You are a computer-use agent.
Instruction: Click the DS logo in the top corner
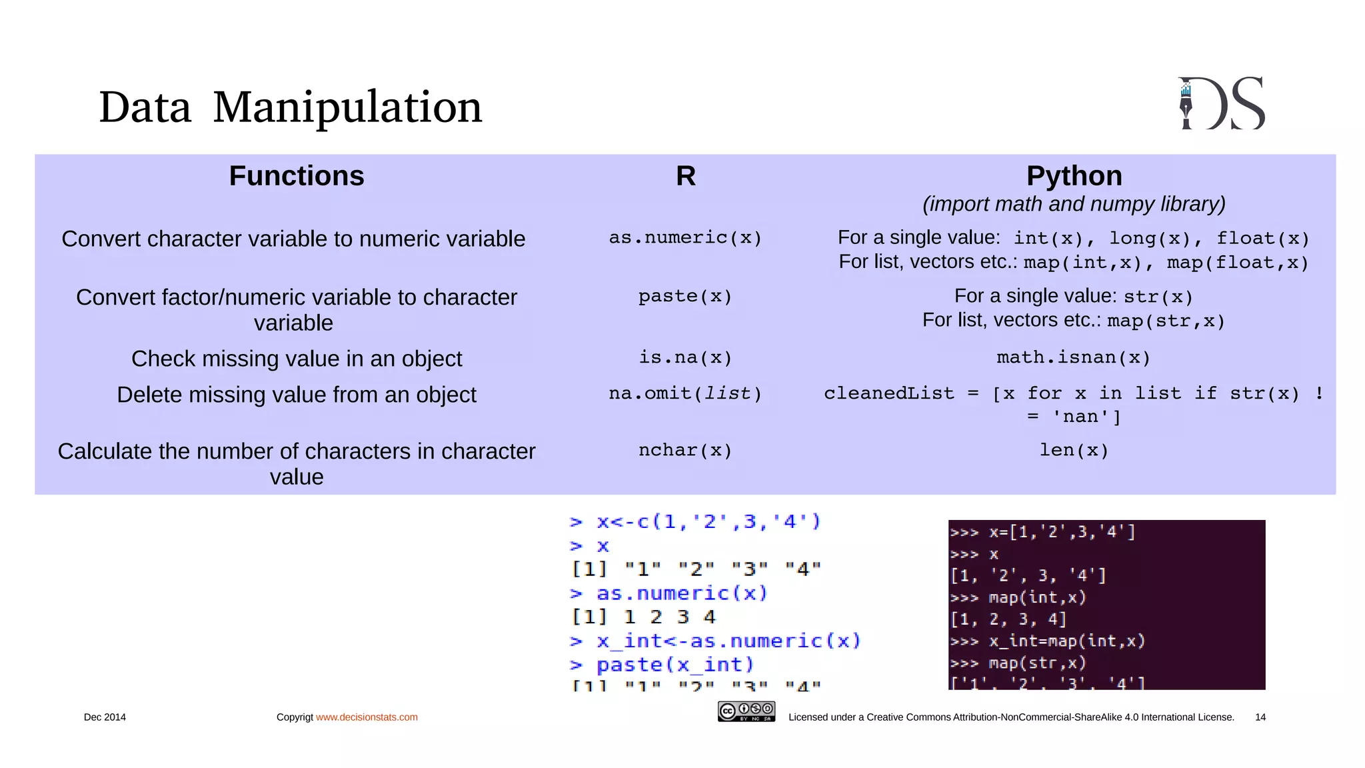tap(1222, 103)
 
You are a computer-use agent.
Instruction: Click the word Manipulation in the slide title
tap(347, 107)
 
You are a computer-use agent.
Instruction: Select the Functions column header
tap(297, 176)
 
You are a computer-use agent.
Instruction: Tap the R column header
tap(685, 176)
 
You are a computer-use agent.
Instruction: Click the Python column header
tap(1074, 176)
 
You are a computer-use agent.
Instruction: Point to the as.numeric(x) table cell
tap(685, 237)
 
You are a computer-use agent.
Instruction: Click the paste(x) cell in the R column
tap(685, 296)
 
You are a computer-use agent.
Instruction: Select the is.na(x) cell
tap(685, 357)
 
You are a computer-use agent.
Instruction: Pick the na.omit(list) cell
tap(685, 393)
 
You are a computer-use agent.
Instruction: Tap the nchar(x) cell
tap(685, 450)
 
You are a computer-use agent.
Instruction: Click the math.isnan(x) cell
tap(1074, 357)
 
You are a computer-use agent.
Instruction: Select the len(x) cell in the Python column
tap(1074, 450)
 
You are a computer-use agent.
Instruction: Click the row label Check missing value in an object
tap(297, 359)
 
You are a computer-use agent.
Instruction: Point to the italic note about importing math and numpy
tap(1074, 204)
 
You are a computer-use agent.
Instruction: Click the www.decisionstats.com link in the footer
tap(367, 717)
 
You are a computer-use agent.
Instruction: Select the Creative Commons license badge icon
tap(746, 711)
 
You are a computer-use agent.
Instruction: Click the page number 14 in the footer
tap(1260, 717)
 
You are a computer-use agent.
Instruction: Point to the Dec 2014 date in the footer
tap(105, 717)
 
